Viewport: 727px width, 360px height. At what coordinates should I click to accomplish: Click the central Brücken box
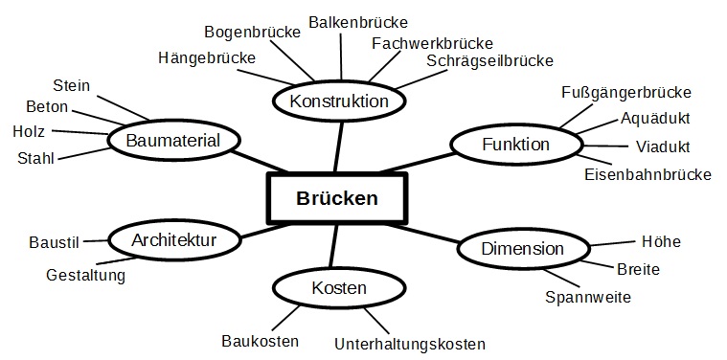[x=336, y=198]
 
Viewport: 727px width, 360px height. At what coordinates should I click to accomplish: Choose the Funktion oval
[x=515, y=145]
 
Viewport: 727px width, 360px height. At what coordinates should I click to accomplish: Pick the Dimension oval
[x=522, y=249]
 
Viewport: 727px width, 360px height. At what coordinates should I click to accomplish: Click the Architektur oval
[x=173, y=239]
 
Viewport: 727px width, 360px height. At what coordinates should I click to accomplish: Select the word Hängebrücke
[x=208, y=58]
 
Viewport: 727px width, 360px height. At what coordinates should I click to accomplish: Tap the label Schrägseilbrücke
[x=489, y=61]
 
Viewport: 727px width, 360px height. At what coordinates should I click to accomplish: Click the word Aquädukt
[x=655, y=119]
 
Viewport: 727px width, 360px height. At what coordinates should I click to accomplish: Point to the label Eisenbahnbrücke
[x=647, y=174]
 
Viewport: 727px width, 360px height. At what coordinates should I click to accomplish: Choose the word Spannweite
[x=588, y=297]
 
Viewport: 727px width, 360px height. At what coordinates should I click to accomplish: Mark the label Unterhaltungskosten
[x=410, y=344]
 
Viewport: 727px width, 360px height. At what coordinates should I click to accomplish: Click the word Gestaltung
[x=85, y=276]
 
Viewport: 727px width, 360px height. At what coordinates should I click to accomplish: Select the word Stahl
[x=36, y=157]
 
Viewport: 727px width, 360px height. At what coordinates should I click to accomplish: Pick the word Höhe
[x=660, y=242]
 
